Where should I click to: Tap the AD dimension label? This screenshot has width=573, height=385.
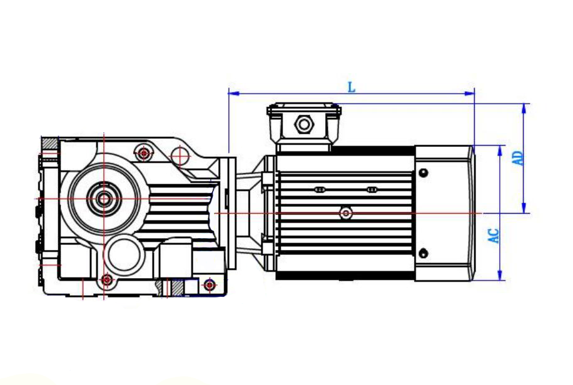[517, 157]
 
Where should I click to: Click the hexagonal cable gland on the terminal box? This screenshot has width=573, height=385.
[304, 124]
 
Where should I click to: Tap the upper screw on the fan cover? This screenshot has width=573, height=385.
[423, 172]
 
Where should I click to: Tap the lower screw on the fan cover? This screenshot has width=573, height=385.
[423, 253]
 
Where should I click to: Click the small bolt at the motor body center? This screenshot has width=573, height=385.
[345, 213]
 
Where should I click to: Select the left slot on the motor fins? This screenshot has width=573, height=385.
[320, 189]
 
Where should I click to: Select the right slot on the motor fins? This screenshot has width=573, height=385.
[372, 189]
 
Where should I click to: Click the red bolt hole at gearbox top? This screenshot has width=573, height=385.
[145, 152]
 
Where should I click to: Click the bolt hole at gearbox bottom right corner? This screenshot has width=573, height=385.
[210, 286]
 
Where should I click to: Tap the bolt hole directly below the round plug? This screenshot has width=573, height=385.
[107, 279]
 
